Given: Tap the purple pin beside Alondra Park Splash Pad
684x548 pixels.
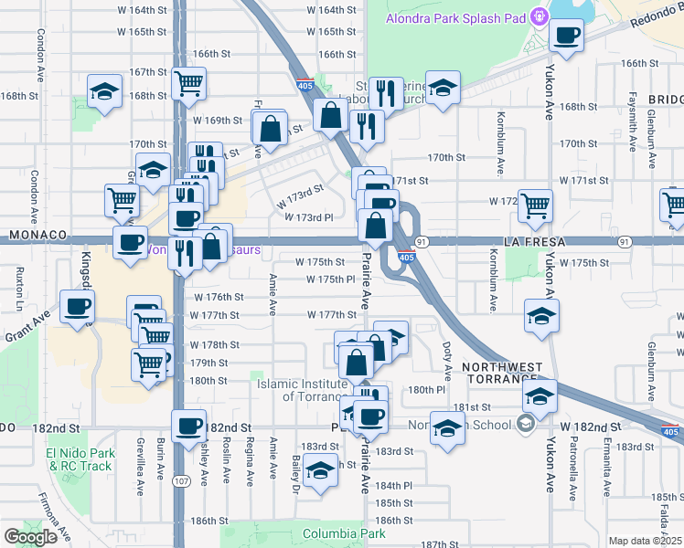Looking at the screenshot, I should pyautogui.click(x=540, y=16).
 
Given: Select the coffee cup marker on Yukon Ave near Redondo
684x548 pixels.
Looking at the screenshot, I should pyautogui.click(x=566, y=37).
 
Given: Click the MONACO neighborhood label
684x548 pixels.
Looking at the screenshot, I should pyautogui.click(x=38, y=235).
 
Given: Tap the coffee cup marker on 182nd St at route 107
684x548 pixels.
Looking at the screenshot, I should pyautogui.click(x=189, y=426).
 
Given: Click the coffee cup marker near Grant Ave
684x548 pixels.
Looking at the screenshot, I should pyautogui.click(x=77, y=306).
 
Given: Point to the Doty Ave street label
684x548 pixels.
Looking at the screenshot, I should pyautogui.click(x=447, y=361).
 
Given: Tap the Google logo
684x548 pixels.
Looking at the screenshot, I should pyautogui.click(x=31, y=537).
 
